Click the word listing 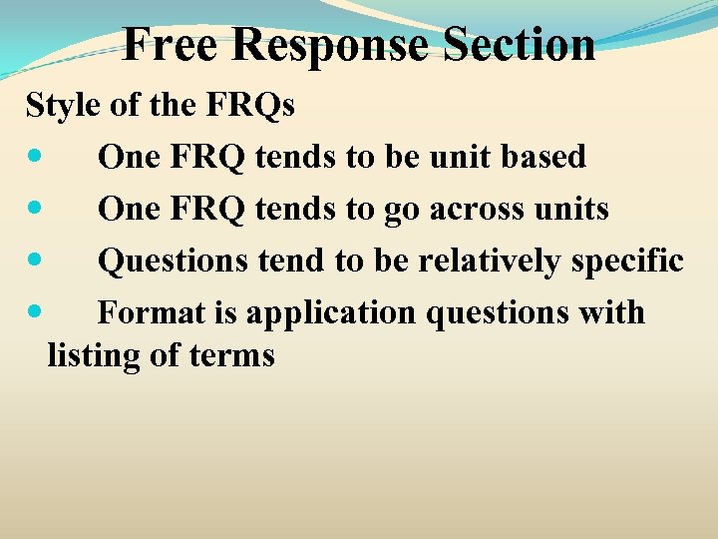coord(93,355)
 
